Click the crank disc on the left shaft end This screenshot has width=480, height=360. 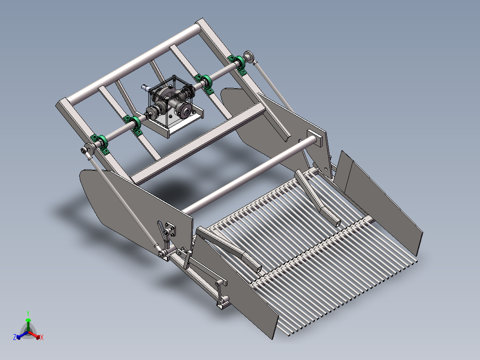point(88,150)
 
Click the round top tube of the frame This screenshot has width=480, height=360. point(134,62)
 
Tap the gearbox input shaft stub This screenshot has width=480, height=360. point(145,87)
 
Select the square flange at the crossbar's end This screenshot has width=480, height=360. point(314,138)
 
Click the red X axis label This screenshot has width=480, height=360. point(42,338)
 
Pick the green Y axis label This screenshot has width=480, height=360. point(28,313)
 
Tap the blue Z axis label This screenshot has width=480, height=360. point(15,338)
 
